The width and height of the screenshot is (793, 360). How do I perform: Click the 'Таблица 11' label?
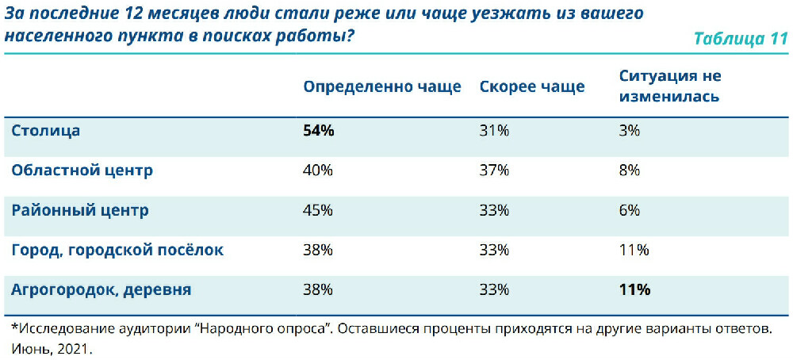click(x=740, y=39)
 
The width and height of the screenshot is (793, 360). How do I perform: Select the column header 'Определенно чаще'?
click(x=381, y=87)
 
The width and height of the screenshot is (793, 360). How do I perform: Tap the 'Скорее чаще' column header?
click(x=531, y=87)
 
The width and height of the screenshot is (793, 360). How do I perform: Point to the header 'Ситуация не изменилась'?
click(x=669, y=86)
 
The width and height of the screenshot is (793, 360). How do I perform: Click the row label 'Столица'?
click(x=46, y=131)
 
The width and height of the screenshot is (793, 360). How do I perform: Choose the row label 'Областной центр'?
click(x=82, y=170)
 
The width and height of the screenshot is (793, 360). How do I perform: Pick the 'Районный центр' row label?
click(x=79, y=210)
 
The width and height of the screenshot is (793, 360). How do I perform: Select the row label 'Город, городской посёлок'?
click(x=117, y=250)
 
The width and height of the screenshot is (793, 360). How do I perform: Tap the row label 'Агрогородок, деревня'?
click(x=101, y=289)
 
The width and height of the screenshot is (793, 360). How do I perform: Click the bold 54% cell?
click(x=319, y=131)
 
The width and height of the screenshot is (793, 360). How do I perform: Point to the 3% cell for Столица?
click(x=630, y=131)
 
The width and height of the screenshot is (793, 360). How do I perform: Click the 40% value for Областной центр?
click(x=318, y=170)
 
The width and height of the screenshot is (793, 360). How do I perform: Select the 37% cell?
click(x=494, y=170)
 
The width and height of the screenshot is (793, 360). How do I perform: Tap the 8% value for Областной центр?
click(x=630, y=170)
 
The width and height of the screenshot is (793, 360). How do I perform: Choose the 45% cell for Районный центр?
click(x=318, y=210)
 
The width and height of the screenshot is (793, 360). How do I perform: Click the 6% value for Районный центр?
click(x=630, y=210)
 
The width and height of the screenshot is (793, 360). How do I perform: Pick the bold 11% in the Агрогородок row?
click(x=634, y=289)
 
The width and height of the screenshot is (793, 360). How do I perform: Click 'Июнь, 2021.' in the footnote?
click(x=52, y=347)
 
